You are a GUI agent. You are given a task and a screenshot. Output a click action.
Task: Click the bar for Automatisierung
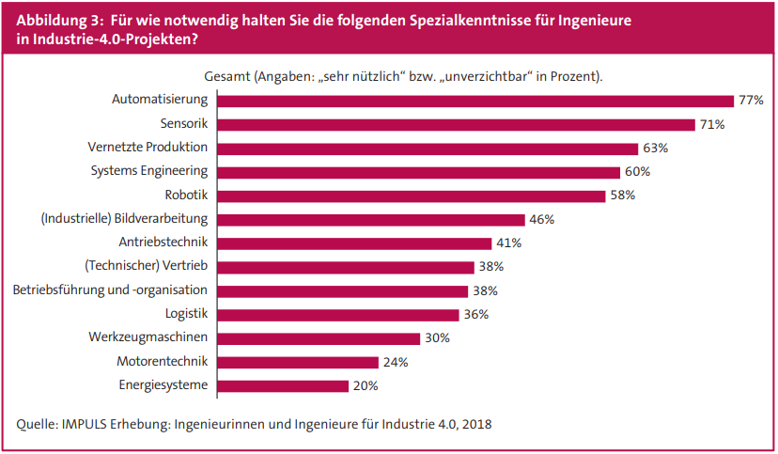[475, 101]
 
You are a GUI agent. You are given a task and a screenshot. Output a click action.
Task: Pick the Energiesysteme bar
[283, 385]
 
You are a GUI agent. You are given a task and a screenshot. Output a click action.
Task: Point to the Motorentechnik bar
[298, 362]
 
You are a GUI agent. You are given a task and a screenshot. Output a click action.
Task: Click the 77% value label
[751, 101]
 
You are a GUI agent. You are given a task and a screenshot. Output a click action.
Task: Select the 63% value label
[655, 149]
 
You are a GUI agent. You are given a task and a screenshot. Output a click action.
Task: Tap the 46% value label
[541, 219]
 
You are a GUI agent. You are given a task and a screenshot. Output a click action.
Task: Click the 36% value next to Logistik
[476, 314]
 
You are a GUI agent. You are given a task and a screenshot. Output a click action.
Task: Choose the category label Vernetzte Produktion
[148, 148]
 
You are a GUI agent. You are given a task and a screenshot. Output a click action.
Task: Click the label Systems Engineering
[149, 171]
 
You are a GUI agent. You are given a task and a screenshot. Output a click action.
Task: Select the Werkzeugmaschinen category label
[149, 337]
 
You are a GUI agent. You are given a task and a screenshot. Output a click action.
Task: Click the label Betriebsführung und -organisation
[110, 290]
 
